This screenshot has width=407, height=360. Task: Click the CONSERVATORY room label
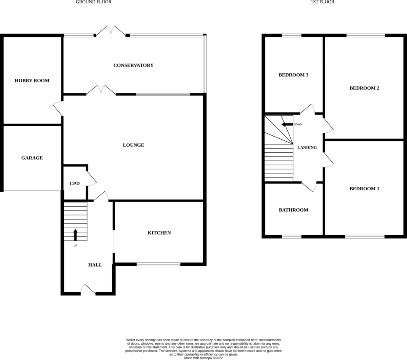(x=133, y=65)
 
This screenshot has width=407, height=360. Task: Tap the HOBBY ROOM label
(x=32, y=81)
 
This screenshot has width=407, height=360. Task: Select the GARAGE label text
(x=32, y=158)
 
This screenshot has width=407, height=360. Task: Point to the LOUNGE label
(x=133, y=145)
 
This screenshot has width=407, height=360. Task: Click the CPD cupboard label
(x=75, y=184)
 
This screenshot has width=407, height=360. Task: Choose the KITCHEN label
(x=159, y=233)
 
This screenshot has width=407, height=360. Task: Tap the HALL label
(x=95, y=265)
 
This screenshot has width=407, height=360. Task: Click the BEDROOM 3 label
(x=293, y=75)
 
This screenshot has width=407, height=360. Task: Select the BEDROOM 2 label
(x=364, y=88)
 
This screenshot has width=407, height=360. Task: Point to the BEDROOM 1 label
(x=364, y=189)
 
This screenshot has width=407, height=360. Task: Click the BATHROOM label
(x=293, y=210)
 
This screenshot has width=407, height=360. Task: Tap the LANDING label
(x=307, y=148)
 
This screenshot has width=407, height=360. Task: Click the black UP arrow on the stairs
(x=75, y=235)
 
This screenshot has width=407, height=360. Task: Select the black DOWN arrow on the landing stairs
(x=287, y=125)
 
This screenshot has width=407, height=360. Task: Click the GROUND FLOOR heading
(x=94, y=2)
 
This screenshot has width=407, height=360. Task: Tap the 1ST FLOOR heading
(x=323, y=2)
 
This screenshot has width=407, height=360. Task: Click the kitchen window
(x=158, y=264)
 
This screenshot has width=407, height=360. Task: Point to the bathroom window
(x=291, y=237)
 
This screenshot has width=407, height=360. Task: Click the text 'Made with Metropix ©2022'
(x=203, y=358)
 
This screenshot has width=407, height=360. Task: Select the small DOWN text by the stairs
(x=298, y=125)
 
